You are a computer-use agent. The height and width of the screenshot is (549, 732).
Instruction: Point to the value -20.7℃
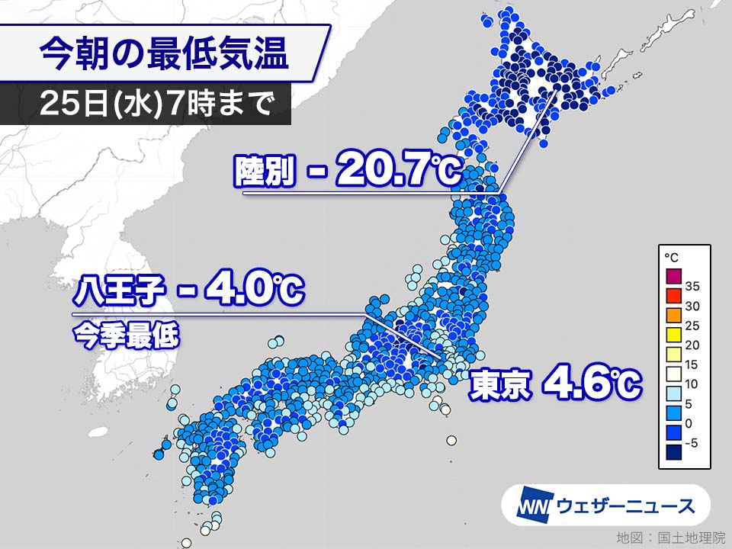tap(385, 173)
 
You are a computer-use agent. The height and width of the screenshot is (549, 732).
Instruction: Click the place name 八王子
tap(115, 293)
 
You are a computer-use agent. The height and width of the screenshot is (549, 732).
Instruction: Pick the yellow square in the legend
tap(671, 334)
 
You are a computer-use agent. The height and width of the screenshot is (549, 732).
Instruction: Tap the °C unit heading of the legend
tap(670, 257)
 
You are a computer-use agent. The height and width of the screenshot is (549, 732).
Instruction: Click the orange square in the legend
tap(671, 314)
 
